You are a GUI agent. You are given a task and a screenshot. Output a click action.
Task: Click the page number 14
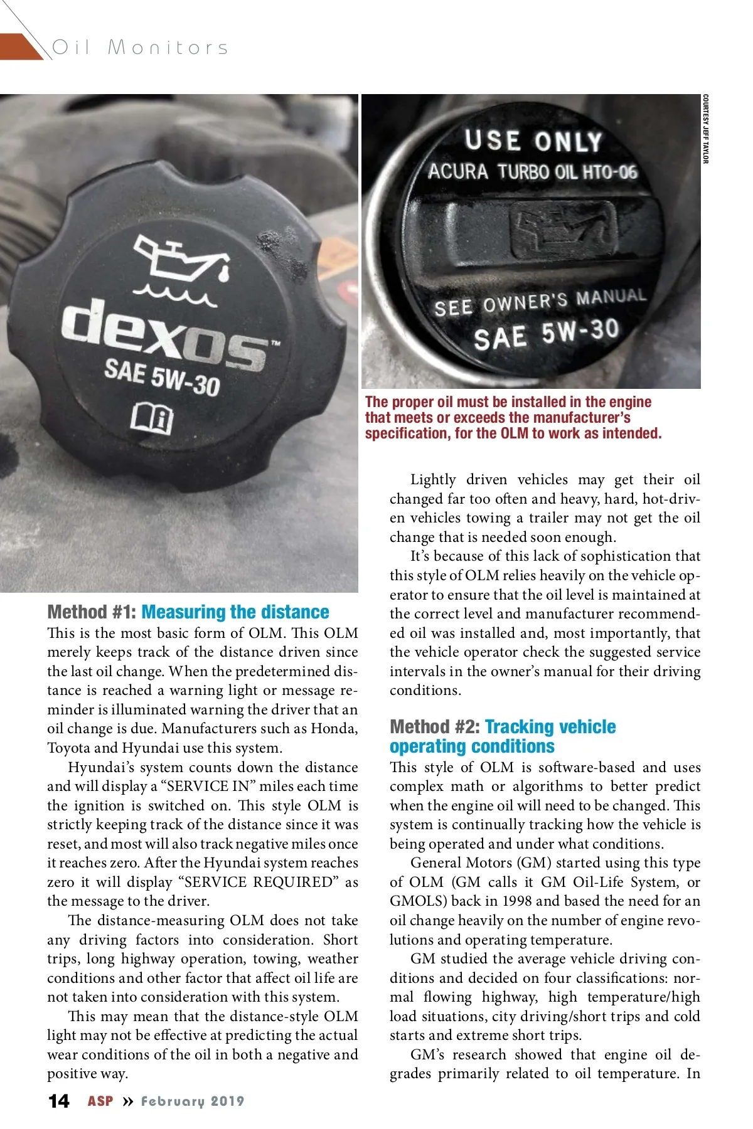point(59,1101)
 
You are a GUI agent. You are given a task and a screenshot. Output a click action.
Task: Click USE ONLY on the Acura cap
point(533,141)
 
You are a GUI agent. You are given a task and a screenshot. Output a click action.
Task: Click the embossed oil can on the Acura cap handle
point(562,230)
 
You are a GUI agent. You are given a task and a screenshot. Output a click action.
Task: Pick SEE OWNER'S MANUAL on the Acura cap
point(540,302)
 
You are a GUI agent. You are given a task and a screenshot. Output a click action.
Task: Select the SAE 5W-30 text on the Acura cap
point(546,334)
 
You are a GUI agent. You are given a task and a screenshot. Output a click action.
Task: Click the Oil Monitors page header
point(140,47)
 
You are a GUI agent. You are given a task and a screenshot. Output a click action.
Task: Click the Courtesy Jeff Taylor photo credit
point(705,129)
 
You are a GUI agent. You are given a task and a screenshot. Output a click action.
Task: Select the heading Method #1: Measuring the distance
point(188,612)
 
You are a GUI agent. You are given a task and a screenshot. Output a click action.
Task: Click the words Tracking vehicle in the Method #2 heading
point(550,727)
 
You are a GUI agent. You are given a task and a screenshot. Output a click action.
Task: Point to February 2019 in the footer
point(192,1101)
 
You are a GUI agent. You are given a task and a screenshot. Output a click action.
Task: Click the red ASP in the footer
point(100,1101)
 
